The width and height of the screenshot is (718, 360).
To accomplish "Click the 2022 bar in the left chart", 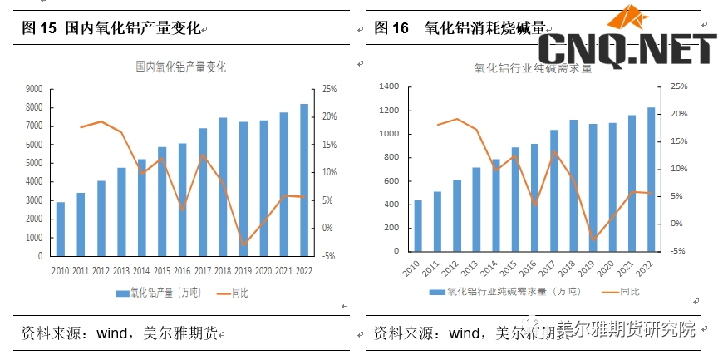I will tap(303, 180).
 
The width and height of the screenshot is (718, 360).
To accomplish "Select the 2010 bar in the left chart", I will tap(60, 229).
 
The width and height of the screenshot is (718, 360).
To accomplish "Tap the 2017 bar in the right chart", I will tap(554, 190).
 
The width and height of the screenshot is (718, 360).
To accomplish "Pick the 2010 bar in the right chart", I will tap(417, 225).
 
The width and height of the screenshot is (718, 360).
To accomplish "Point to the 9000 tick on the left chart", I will tap(34, 89).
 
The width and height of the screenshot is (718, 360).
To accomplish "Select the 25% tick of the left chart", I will tap(330, 89).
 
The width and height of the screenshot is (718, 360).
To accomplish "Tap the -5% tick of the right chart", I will tap(678, 251).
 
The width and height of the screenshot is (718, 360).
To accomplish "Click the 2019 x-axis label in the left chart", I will tap(243, 271).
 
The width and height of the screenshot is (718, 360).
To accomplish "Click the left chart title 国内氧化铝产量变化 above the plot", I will tap(180, 67).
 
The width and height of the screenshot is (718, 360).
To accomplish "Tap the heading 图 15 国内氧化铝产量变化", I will tap(111, 28).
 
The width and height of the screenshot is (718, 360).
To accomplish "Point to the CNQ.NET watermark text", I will tap(627, 49).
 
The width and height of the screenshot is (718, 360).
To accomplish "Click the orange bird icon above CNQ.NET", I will tap(629, 18).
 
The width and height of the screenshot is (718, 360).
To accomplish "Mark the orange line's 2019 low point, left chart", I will tap(243, 244).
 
